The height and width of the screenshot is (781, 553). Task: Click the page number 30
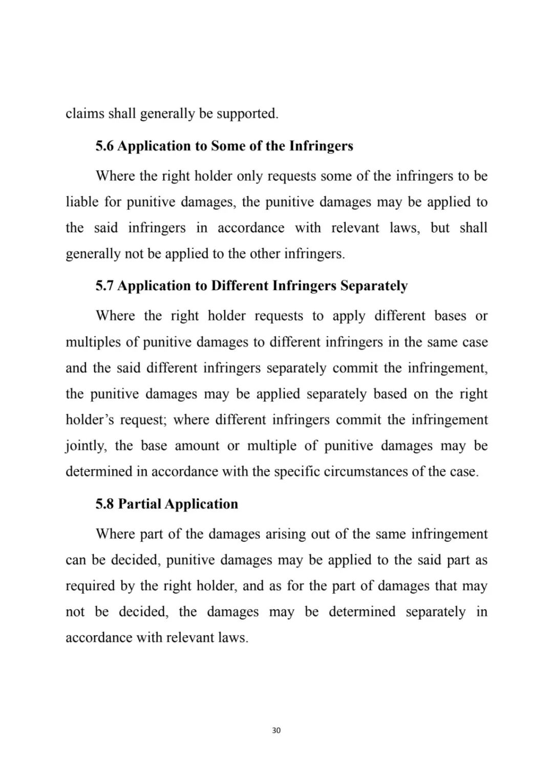(276, 730)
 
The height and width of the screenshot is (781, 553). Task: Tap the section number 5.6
(104, 146)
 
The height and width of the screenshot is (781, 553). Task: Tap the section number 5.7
(104, 286)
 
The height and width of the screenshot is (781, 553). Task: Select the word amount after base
(197, 446)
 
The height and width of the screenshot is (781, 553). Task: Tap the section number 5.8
(104, 505)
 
